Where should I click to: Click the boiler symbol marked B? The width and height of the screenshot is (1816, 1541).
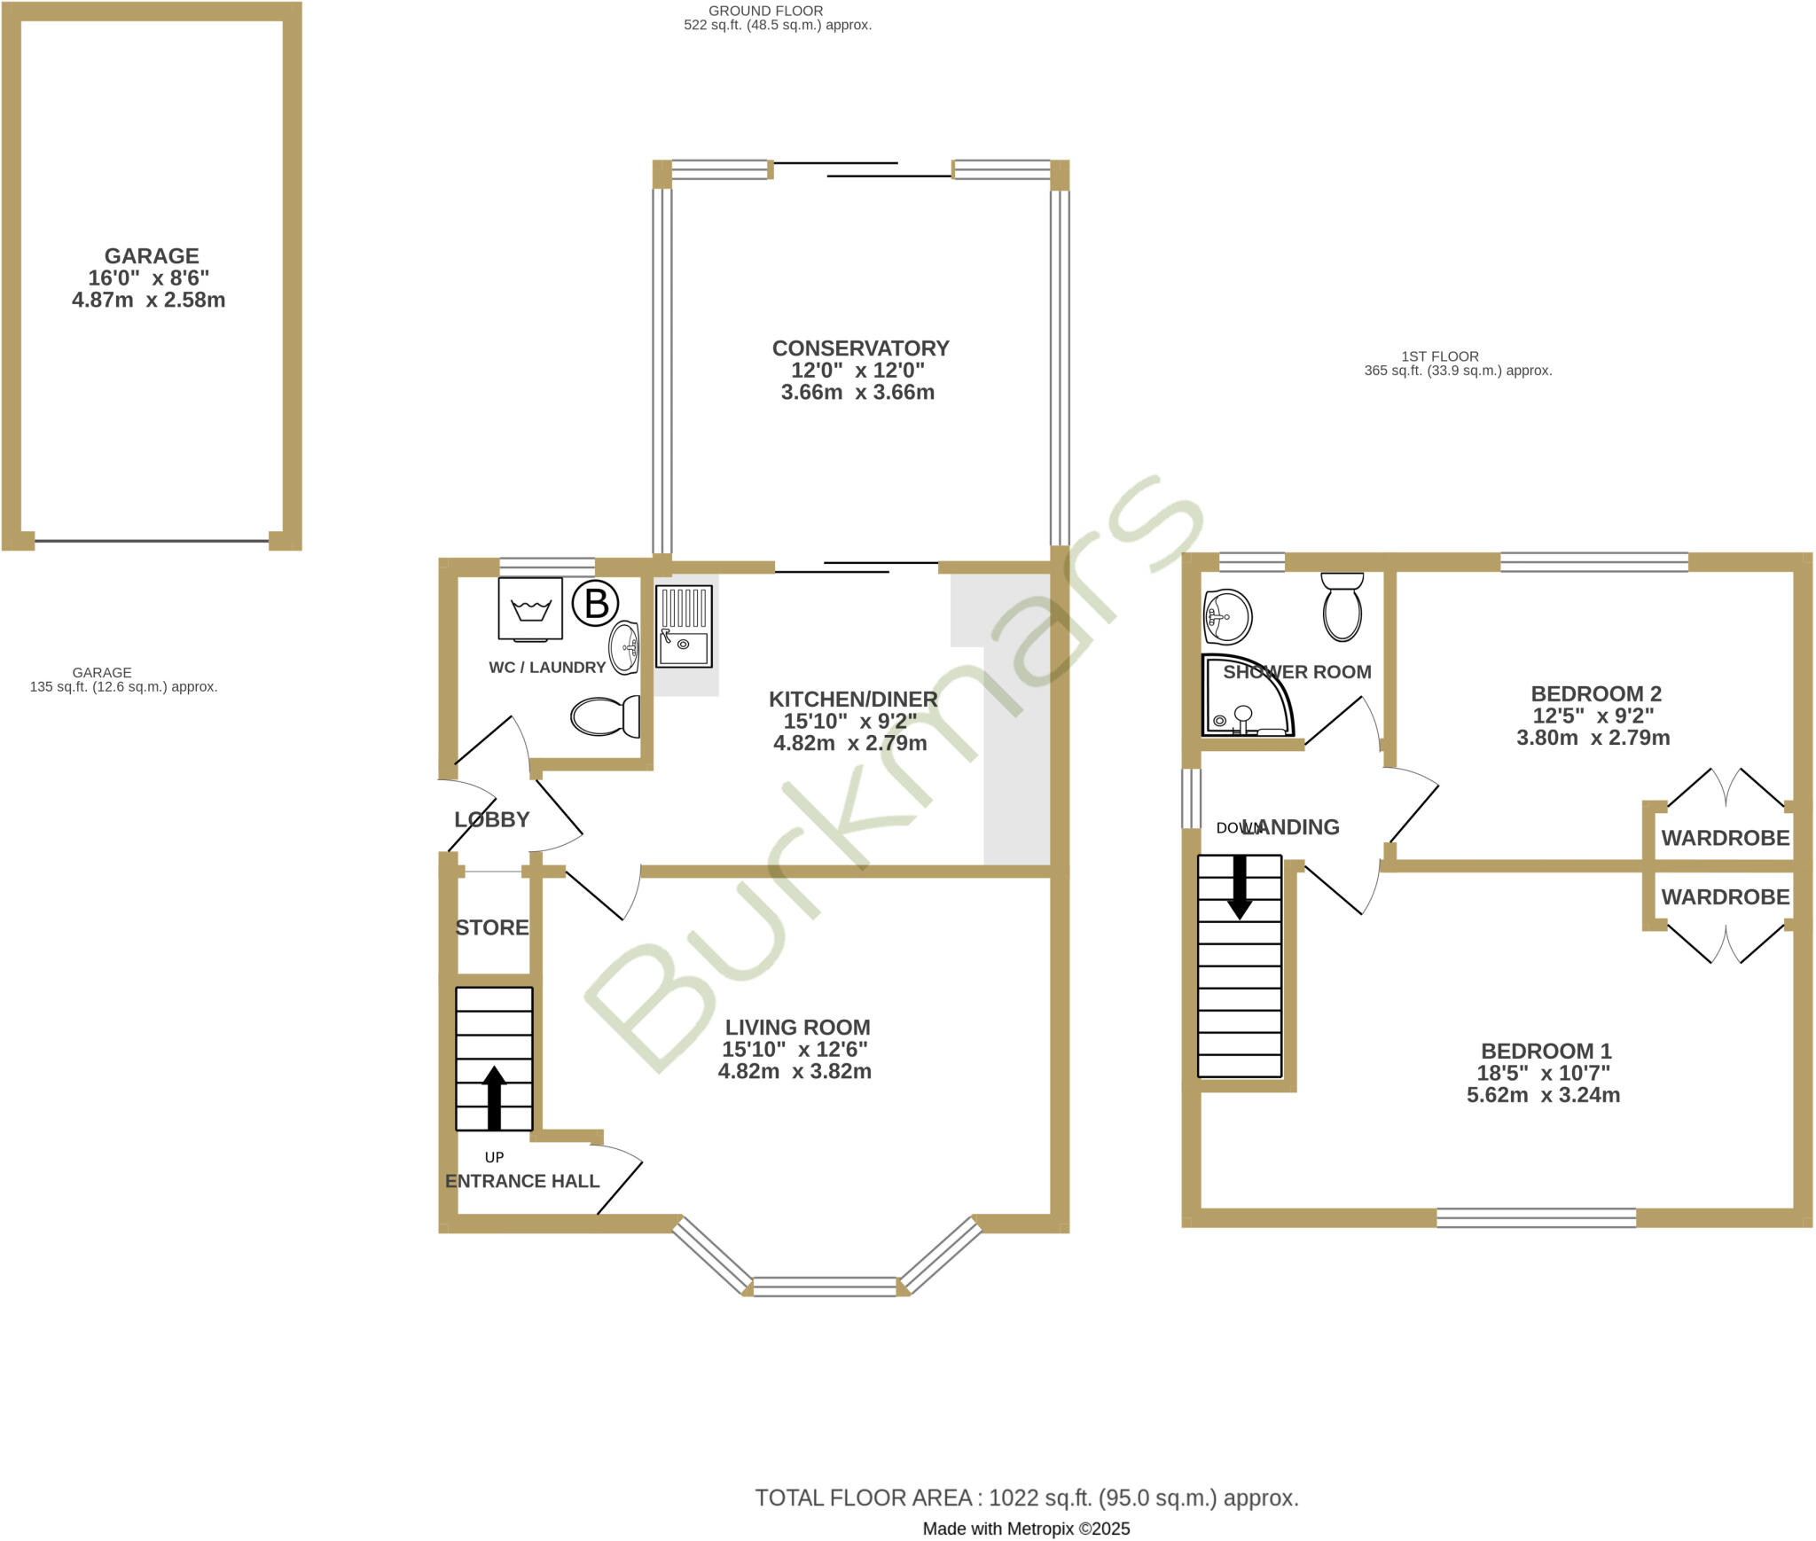596,604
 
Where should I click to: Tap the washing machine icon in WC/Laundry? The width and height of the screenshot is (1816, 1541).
530,608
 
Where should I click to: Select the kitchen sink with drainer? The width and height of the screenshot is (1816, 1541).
684,626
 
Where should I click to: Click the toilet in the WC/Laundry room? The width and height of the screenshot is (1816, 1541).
606,716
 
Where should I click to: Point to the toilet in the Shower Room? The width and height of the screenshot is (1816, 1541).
1342,606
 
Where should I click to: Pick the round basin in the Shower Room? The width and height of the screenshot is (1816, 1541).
1227,616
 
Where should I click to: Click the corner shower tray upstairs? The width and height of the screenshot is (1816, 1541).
1243,697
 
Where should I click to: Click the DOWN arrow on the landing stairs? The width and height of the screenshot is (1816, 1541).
1239,887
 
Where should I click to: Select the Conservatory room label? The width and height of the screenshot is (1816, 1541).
860,348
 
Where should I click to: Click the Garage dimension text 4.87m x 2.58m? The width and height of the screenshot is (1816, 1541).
149,300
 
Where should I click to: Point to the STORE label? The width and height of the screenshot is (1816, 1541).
492,927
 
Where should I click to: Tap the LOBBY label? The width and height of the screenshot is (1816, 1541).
492,819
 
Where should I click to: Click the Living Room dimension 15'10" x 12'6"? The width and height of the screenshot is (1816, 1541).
794,1049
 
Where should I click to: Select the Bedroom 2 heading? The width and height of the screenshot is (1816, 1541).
1596,693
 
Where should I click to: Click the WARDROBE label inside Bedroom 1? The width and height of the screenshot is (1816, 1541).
1725,897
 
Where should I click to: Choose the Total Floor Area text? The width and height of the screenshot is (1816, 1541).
1026,1498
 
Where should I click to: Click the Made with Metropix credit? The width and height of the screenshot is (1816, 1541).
1026,1529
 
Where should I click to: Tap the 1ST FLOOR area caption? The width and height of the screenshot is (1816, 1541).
1457,364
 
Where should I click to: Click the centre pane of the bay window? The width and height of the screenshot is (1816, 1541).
825,1287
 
